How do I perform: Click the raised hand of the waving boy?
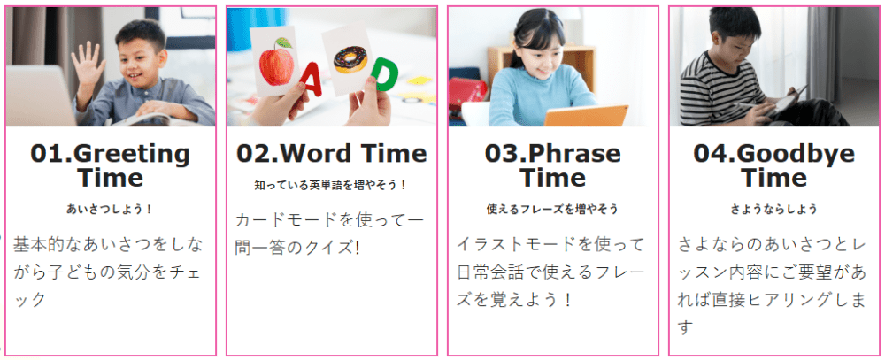point(88,63)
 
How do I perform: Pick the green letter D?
point(384,74)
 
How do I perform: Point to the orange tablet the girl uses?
point(585,116)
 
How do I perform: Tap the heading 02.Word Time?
point(332,154)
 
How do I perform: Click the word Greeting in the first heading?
point(132,154)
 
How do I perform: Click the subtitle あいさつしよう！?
point(110,210)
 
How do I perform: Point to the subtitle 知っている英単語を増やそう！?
point(332,185)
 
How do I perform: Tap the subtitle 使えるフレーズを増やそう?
point(552,210)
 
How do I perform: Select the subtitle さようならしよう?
point(773,210)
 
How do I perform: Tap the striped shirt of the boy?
point(717,90)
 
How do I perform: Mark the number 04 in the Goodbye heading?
point(710,154)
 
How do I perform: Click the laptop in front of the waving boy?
point(40,96)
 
